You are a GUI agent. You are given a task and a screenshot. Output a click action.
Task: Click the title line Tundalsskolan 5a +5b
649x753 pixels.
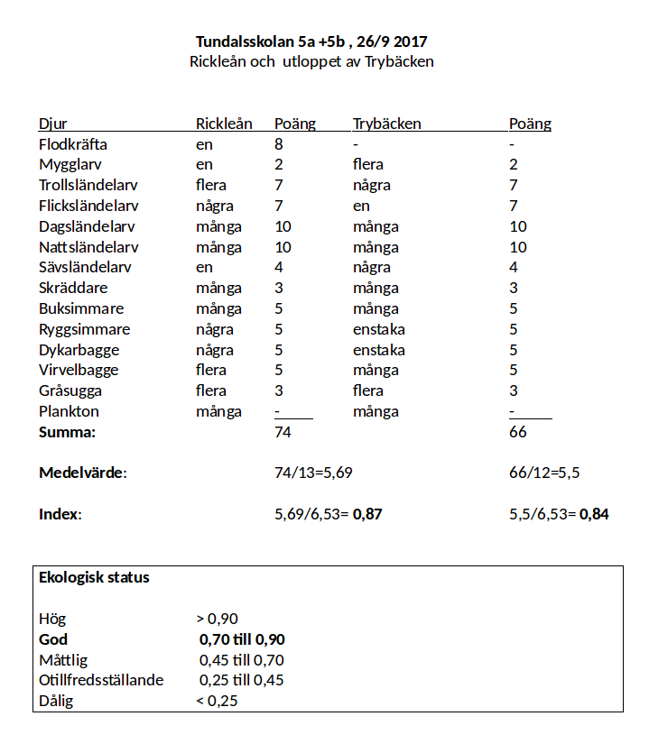tap(311, 41)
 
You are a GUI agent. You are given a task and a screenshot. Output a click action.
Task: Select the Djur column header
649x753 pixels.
tap(52, 124)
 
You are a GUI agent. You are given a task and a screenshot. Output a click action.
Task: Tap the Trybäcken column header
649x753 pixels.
tap(386, 124)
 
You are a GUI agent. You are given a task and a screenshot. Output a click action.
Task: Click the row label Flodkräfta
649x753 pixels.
tap(73, 144)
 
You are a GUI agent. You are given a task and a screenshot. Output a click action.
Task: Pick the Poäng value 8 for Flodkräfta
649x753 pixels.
tap(279, 144)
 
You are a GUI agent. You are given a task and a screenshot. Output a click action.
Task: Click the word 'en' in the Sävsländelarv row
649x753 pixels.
tap(204, 268)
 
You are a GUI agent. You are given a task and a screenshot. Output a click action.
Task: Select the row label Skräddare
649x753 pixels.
tap(73, 289)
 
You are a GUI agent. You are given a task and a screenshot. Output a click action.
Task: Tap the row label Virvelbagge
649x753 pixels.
tap(79, 371)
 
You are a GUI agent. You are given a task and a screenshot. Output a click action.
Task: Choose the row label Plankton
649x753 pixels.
tap(69, 412)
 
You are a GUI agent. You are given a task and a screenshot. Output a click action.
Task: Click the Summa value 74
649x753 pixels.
tap(283, 433)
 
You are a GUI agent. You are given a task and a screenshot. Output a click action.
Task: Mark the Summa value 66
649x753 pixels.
tap(518, 433)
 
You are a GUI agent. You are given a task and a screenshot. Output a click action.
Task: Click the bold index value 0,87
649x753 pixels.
tap(367, 515)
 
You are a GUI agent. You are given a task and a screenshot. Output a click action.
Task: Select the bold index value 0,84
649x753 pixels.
tap(594, 515)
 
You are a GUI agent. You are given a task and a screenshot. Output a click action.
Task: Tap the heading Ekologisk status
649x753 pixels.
tap(94, 578)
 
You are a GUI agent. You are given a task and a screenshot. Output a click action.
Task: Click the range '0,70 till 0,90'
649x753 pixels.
tap(242, 639)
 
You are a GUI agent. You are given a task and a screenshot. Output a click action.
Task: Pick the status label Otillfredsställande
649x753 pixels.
tap(101, 681)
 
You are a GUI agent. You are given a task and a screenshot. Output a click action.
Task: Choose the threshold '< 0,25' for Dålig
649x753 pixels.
tap(217, 702)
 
